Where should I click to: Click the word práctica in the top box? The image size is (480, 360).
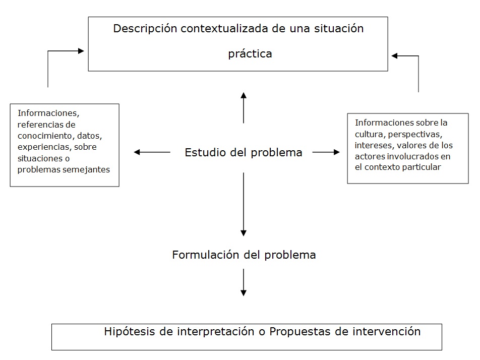coord(250,54)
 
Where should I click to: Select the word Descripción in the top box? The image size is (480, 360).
coord(145,29)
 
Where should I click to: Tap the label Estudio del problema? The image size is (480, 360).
coord(244,152)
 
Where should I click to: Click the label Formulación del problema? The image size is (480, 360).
coord(244,255)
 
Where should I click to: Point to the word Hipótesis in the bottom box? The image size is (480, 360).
coord(130,332)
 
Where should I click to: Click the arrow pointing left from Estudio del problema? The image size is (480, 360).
coord(152,152)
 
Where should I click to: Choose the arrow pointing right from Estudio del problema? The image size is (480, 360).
coord(326,152)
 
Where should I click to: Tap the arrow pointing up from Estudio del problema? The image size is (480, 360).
coord(244,108)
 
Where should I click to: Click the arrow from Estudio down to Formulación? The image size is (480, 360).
coord(244,204)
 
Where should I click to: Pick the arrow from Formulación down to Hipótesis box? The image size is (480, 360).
coord(244,282)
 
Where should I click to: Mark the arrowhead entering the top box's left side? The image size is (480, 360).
coord(81,51)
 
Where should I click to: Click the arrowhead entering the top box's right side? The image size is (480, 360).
coord(395,55)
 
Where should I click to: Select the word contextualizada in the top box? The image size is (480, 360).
coord(225,29)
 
